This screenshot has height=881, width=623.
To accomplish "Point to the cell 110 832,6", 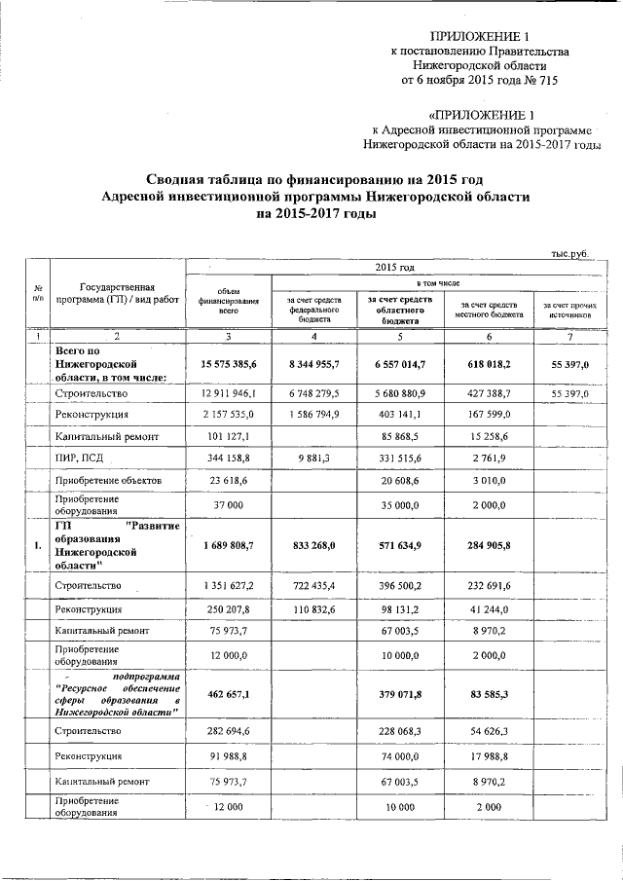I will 313,609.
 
